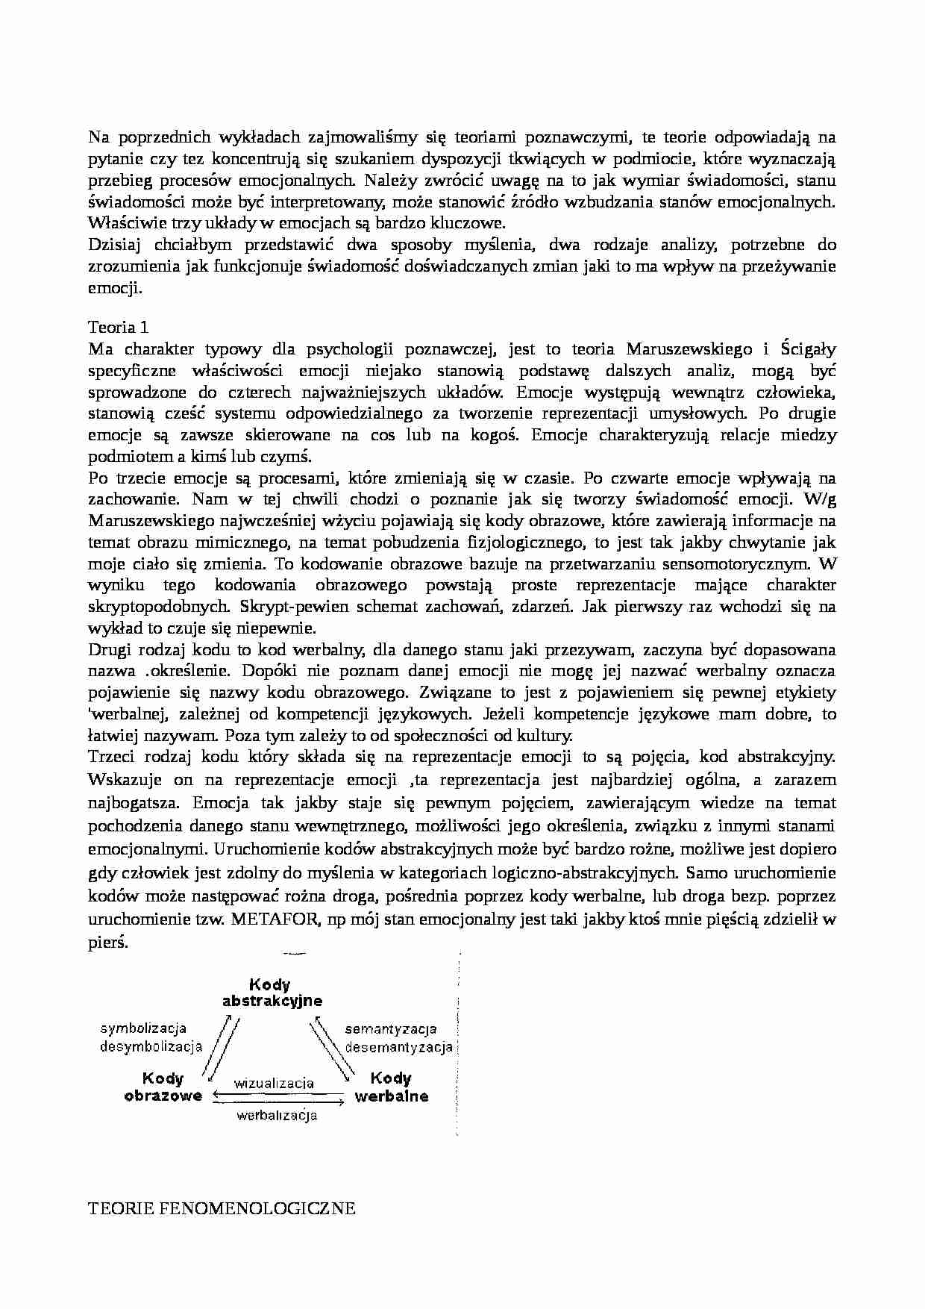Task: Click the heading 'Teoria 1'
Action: pos(113,327)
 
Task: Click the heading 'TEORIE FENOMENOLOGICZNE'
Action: pos(222,1208)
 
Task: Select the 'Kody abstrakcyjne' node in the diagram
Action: pos(272,993)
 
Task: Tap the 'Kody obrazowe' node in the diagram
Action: pos(163,1087)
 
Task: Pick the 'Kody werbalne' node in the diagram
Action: pos(391,1087)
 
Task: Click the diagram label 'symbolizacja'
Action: pos(143,1029)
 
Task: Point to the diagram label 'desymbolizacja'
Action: pos(151,1046)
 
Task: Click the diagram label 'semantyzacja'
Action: pos(391,1029)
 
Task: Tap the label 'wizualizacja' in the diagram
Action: pos(274,1083)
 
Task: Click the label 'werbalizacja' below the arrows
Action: pos(277,1116)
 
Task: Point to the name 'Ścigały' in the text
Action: pos(808,349)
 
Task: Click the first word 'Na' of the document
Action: pos(98,137)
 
